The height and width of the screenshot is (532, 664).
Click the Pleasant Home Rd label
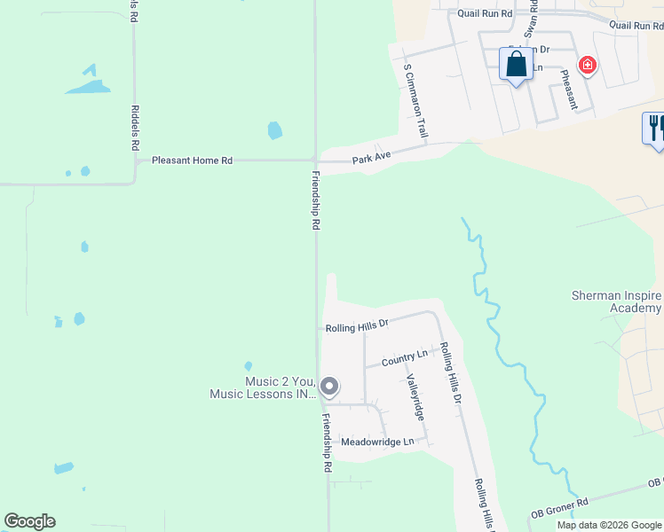tap(192, 160)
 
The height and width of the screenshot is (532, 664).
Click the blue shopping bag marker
tap(517, 66)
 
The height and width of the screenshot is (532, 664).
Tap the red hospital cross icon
tap(587, 65)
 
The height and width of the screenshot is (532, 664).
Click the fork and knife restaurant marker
tap(654, 129)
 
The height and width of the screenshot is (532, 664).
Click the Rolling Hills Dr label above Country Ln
tap(357, 326)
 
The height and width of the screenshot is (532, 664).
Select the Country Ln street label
tap(404, 358)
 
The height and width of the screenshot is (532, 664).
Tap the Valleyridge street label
tap(415, 397)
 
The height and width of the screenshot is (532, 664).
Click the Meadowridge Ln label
tap(377, 442)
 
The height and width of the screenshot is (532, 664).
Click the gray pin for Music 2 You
tap(329, 386)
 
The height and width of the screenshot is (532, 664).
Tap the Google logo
tap(29, 521)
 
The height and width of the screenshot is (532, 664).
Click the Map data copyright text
tap(609, 525)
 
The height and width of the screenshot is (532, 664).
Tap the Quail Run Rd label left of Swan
tap(486, 13)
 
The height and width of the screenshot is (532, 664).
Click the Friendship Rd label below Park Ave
tap(315, 200)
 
